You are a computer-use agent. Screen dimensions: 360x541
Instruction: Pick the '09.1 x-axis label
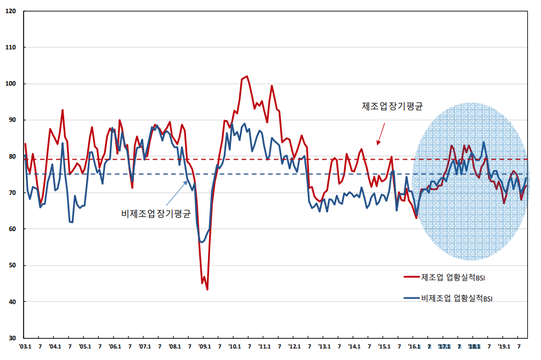click(x=204, y=347)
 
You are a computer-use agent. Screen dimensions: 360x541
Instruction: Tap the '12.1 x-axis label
click(x=294, y=347)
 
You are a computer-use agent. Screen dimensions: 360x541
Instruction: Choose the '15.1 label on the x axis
click(x=384, y=347)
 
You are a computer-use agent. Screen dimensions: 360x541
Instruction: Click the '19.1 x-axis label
click(x=504, y=347)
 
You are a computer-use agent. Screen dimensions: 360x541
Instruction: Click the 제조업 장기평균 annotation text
click(x=392, y=106)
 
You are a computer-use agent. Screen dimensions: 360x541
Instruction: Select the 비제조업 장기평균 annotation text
click(x=155, y=213)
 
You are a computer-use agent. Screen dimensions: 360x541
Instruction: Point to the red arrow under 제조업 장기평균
click(x=380, y=134)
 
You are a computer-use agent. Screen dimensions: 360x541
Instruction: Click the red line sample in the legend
click(x=411, y=277)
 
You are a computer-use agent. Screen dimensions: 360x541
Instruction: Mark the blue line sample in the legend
click(x=411, y=299)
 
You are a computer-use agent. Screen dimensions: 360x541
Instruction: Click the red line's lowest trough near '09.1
click(x=207, y=289)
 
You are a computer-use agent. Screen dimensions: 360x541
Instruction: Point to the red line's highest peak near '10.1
click(x=247, y=76)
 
